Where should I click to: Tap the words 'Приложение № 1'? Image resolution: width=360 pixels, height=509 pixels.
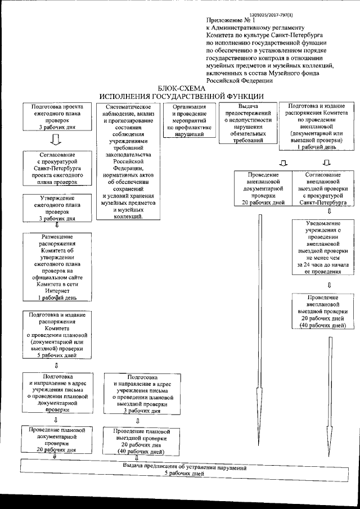pyautogui.click(x=229, y=20)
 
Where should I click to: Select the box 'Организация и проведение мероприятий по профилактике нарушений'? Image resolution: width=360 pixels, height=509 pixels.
pyautogui.click(x=188, y=121)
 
